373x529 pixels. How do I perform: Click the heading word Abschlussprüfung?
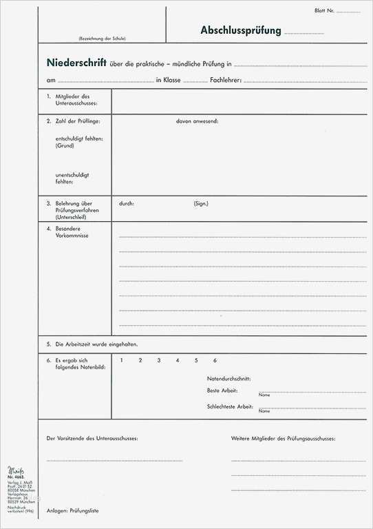241,30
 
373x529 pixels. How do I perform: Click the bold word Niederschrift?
76,63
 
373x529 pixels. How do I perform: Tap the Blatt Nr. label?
324,11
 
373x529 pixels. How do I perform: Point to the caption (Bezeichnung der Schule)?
102,39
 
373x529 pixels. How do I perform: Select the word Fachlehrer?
225,81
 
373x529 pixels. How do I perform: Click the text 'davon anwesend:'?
197,121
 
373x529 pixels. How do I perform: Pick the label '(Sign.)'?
201,204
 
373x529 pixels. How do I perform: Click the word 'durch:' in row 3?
127,204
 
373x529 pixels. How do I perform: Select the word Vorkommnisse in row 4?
72,236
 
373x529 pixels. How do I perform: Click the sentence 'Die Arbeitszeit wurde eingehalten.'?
97,344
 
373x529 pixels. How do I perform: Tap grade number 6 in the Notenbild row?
215,360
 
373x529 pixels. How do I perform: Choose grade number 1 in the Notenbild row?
121,360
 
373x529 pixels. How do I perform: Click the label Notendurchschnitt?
228,379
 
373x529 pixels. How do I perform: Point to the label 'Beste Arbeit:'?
222,391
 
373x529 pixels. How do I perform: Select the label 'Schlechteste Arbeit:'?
230,406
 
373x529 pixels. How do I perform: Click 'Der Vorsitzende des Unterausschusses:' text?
92,438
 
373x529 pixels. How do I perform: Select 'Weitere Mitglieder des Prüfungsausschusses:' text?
284,438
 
